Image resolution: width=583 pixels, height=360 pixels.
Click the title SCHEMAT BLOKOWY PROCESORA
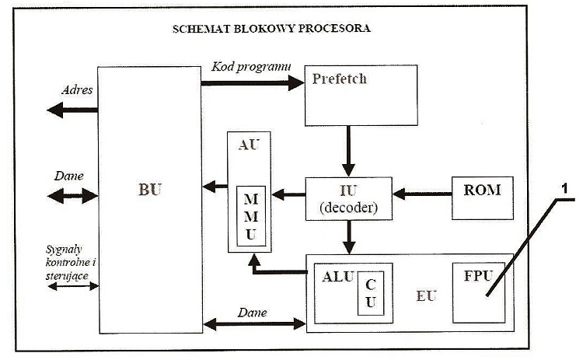pos(271,29)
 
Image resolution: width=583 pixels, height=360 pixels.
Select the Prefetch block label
pos(339,79)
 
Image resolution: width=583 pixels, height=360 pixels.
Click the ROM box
pos(483,189)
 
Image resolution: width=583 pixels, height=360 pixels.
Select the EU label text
pos(425,295)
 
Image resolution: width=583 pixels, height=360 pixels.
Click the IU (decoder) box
pos(347,197)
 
